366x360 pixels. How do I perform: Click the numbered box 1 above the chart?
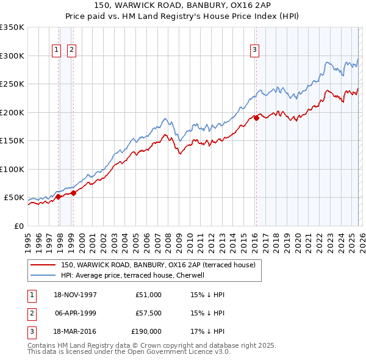click(x=56, y=51)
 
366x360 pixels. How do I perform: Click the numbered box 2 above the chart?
click(x=71, y=51)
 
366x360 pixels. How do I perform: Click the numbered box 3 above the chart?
click(x=254, y=51)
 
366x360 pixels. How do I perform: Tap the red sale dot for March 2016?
click(x=256, y=118)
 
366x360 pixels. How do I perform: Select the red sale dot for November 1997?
click(x=59, y=197)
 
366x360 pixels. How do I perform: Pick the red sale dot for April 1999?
click(x=73, y=193)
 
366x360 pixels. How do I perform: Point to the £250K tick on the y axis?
click(x=12, y=84)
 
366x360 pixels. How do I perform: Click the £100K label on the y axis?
click(x=12, y=169)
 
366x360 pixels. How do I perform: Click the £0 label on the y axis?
click(x=18, y=226)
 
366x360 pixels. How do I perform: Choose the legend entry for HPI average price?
click(x=132, y=275)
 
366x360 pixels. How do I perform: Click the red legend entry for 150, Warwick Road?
click(x=161, y=265)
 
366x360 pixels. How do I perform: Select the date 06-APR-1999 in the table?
click(x=76, y=313)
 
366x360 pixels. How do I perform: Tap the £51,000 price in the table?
click(x=148, y=295)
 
